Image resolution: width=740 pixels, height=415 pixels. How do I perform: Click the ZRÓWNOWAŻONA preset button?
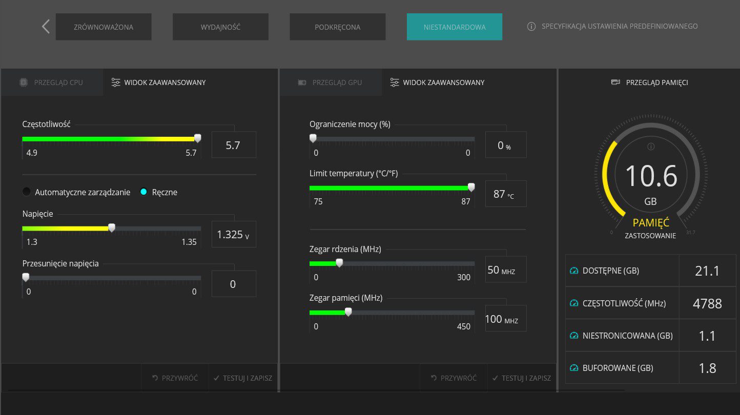click(x=104, y=27)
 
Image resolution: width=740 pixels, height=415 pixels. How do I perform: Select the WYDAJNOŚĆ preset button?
click(x=220, y=27)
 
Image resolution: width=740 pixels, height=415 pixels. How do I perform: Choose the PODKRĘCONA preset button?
click(x=337, y=27)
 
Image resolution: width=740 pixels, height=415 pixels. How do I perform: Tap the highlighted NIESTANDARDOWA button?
click(x=454, y=27)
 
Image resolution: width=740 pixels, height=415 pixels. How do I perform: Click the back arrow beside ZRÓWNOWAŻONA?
click(x=46, y=27)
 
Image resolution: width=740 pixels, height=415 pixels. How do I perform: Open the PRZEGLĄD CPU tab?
click(x=52, y=82)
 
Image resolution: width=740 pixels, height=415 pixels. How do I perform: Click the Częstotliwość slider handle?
click(x=197, y=138)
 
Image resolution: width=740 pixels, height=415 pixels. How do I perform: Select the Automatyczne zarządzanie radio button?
click(x=27, y=192)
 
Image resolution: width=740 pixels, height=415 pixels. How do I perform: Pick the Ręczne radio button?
click(x=143, y=192)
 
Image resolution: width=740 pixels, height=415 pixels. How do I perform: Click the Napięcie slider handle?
click(x=112, y=227)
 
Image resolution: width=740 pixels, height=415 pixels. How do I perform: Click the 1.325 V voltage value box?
click(x=234, y=234)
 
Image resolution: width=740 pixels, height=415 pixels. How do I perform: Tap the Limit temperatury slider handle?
click(x=471, y=187)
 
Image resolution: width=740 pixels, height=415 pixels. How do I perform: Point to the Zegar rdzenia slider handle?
click(x=339, y=263)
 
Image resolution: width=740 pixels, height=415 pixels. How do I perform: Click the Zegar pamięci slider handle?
click(x=348, y=312)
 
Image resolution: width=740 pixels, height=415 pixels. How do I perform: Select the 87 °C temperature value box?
click(x=505, y=194)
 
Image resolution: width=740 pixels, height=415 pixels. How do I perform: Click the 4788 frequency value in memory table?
click(x=707, y=303)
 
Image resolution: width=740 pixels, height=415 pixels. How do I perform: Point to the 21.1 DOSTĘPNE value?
click(x=707, y=271)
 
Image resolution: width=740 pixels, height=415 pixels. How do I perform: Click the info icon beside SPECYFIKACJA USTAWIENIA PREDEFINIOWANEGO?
click(x=531, y=27)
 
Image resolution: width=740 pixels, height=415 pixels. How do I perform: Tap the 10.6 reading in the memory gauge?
click(x=651, y=176)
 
